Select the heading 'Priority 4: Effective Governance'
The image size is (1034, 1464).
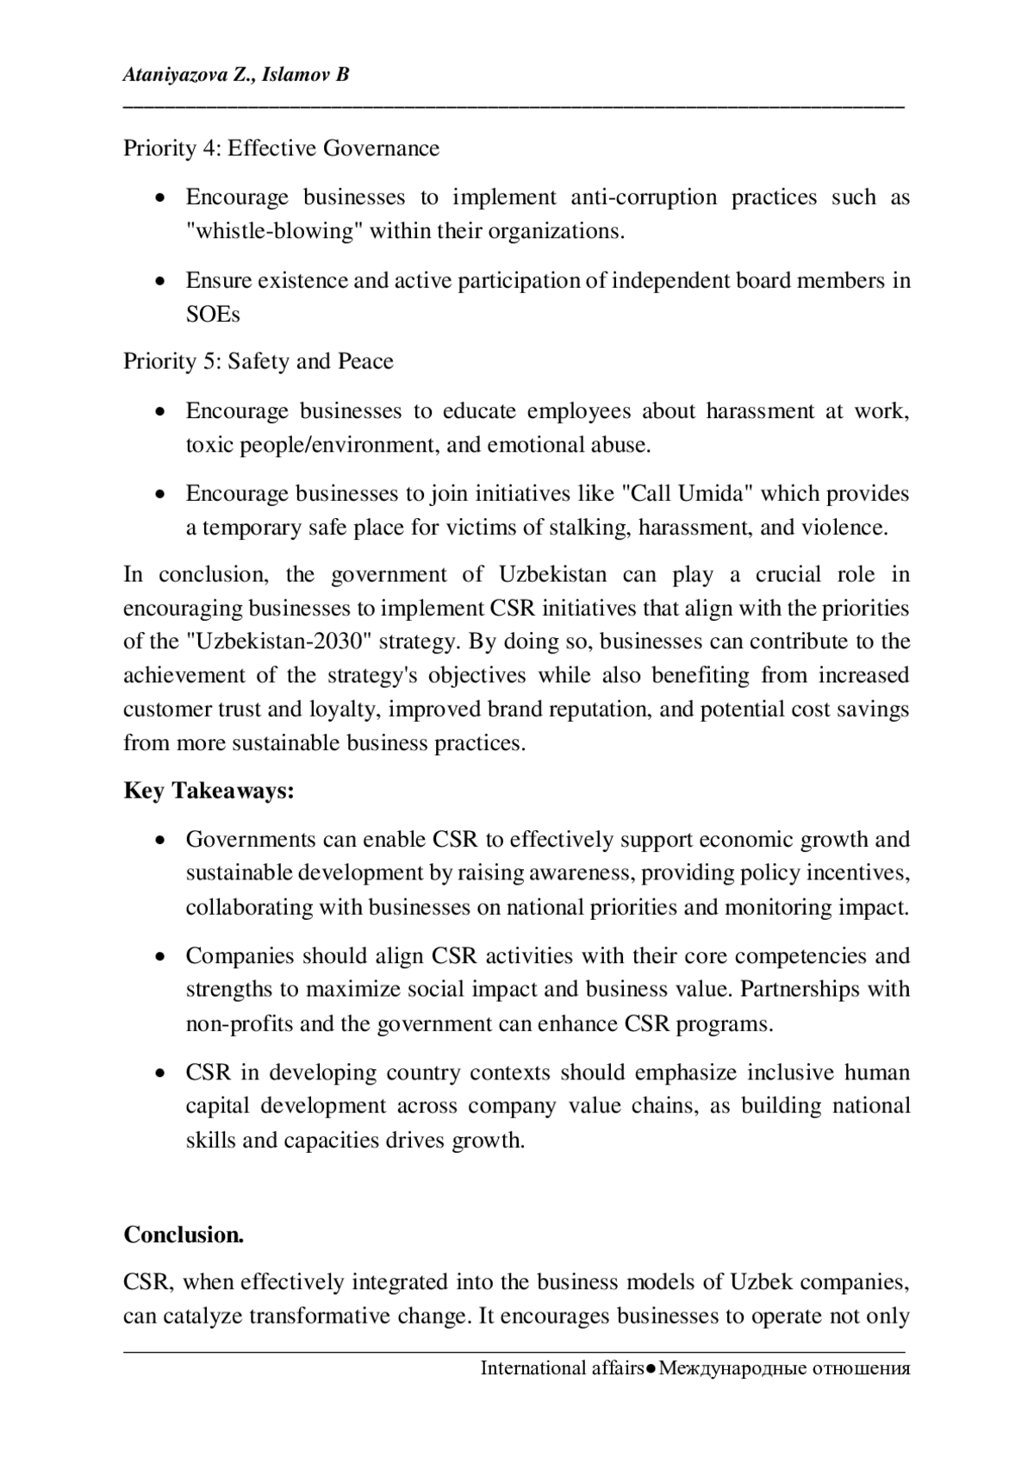281,148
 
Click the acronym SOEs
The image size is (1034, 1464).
213,314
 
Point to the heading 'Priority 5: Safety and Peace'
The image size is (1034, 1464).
258,361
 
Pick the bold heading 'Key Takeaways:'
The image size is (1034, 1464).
209,791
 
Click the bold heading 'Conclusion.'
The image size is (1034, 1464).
184,1235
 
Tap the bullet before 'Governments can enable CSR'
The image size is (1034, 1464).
160,840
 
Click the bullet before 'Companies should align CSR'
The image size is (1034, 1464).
160,956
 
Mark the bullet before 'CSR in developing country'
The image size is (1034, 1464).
160,1073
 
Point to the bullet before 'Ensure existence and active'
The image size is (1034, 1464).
160,281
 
